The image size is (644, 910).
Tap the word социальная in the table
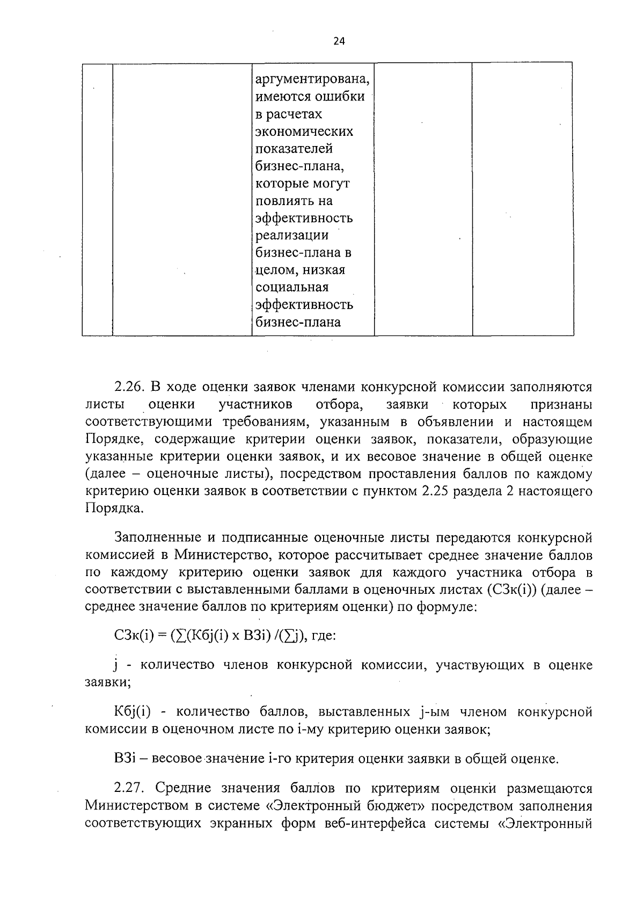[292, 287]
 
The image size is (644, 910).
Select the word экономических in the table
[304, 132]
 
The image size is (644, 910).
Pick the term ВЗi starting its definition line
[126, 759]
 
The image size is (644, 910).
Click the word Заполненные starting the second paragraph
[156, 537]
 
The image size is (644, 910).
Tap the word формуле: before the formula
[445, 607]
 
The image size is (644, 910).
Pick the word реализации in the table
[292, 235]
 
